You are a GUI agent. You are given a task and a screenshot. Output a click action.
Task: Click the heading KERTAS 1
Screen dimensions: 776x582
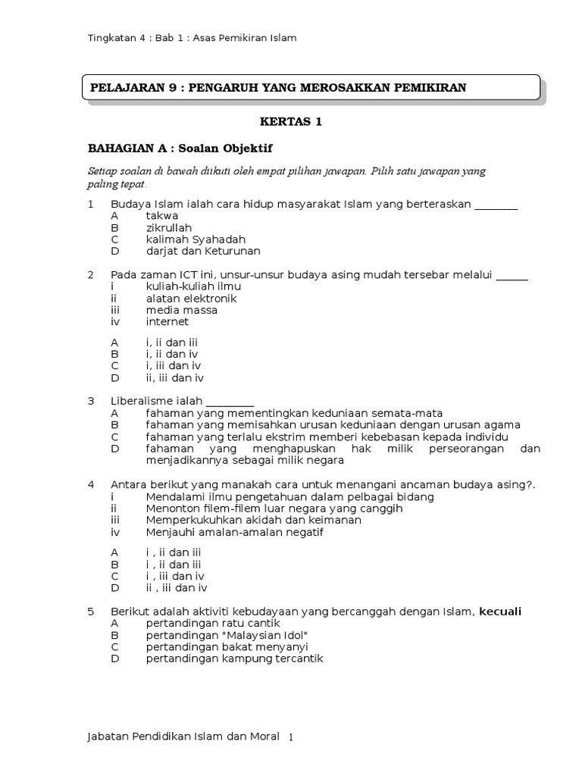[x=291, y=122]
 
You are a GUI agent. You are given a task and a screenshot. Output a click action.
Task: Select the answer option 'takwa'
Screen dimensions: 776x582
[x=162, y=216]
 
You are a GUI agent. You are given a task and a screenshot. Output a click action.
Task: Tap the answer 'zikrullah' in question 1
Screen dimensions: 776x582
[x=169, y=227]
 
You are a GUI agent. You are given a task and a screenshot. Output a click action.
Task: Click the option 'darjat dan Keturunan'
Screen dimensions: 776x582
[x=203, y=251]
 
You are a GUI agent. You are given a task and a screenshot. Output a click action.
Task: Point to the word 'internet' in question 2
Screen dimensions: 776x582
[x=167, y=321]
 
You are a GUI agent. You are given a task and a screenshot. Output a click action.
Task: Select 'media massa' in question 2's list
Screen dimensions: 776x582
[x=182, y=310]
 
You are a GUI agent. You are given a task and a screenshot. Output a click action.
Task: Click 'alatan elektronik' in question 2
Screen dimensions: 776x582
[x=192, y=298]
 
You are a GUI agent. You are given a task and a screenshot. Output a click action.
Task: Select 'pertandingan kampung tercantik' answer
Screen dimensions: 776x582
[x=235, y=659]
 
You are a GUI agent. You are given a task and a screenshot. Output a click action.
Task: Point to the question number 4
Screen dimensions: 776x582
[x=91, y=484]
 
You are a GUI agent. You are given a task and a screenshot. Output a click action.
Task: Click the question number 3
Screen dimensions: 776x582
[x=91, y=401]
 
